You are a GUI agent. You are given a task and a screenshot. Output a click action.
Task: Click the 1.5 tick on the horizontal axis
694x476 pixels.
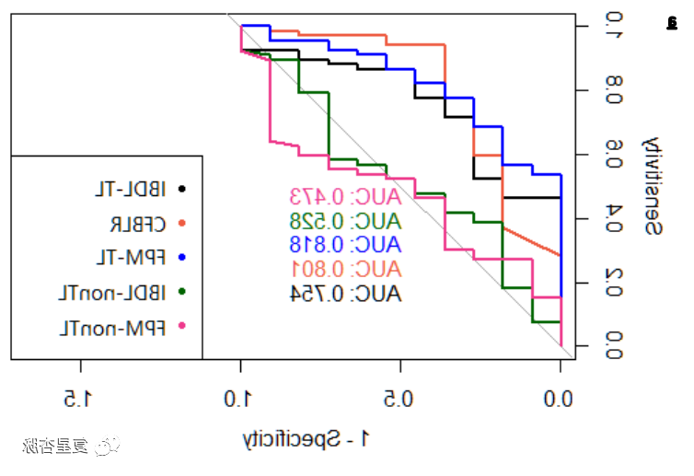pos(81,399)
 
